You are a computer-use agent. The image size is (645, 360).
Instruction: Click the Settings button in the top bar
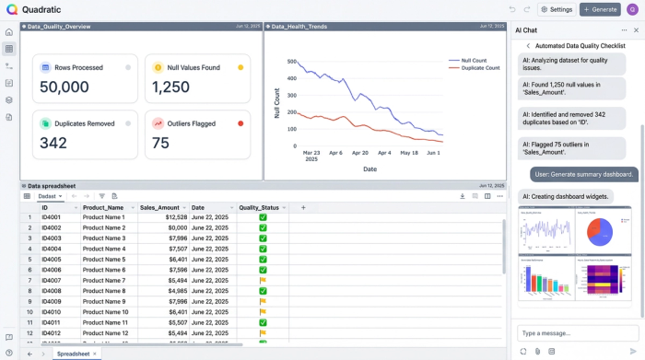[557, 9]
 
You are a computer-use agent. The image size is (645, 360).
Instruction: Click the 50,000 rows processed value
[64, 87]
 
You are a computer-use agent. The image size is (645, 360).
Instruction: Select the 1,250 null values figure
[170, 87]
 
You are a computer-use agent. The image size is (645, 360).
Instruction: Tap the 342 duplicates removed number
[53, 143]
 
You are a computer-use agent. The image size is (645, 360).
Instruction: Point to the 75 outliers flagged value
[161, 143]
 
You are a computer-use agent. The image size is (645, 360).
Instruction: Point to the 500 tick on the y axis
[291, 63]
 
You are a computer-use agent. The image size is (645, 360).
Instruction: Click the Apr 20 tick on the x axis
[359, 153]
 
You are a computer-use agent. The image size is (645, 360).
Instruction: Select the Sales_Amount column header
[159, 207]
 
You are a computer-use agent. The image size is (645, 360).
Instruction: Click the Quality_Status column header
[259, 207]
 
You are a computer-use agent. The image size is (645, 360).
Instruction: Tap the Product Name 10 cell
[105, 312]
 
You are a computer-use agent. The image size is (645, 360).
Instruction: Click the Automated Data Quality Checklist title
[581, 45]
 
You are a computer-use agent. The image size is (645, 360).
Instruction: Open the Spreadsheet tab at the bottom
[74, 354]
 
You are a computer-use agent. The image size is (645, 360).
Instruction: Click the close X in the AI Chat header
[636, 30]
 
